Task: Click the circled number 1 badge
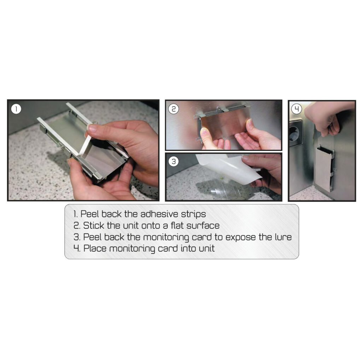(x=16, y=109)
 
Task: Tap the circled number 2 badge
(x=174, y=109)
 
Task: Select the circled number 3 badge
(x=174, y=161)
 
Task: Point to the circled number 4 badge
(x=297, y=109)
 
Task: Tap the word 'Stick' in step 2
(x=93, y=226)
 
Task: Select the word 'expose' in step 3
(x=240, y=238)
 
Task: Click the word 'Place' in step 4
(x=95, y=249)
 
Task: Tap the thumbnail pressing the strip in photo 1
(x=92, y=128)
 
